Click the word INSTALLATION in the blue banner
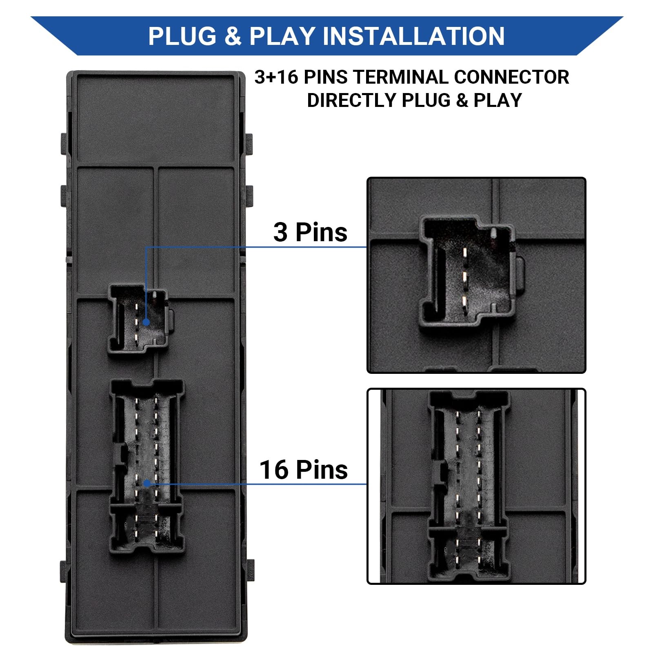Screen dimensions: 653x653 coord(414,36)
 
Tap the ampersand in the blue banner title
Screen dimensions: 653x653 coord(233,36)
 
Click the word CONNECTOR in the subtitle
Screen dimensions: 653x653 coord(511,77)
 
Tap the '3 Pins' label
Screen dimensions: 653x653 coord(310,232)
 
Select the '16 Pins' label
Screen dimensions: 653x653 coord(304,470)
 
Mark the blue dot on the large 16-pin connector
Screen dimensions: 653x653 coord(147,484)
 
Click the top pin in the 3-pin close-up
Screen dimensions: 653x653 coord(464,253)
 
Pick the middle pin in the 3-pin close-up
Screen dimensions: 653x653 coord(464,277)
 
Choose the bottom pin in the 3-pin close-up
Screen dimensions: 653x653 coord(464,302)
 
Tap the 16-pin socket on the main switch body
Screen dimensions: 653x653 coord(147,466)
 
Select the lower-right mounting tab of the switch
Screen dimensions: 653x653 coord(250,571)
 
